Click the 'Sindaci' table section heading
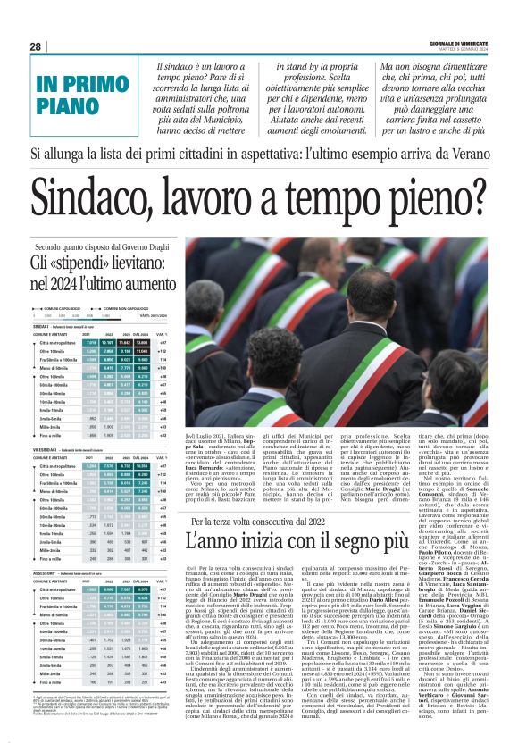pyautogui.click(x=39, y=327)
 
